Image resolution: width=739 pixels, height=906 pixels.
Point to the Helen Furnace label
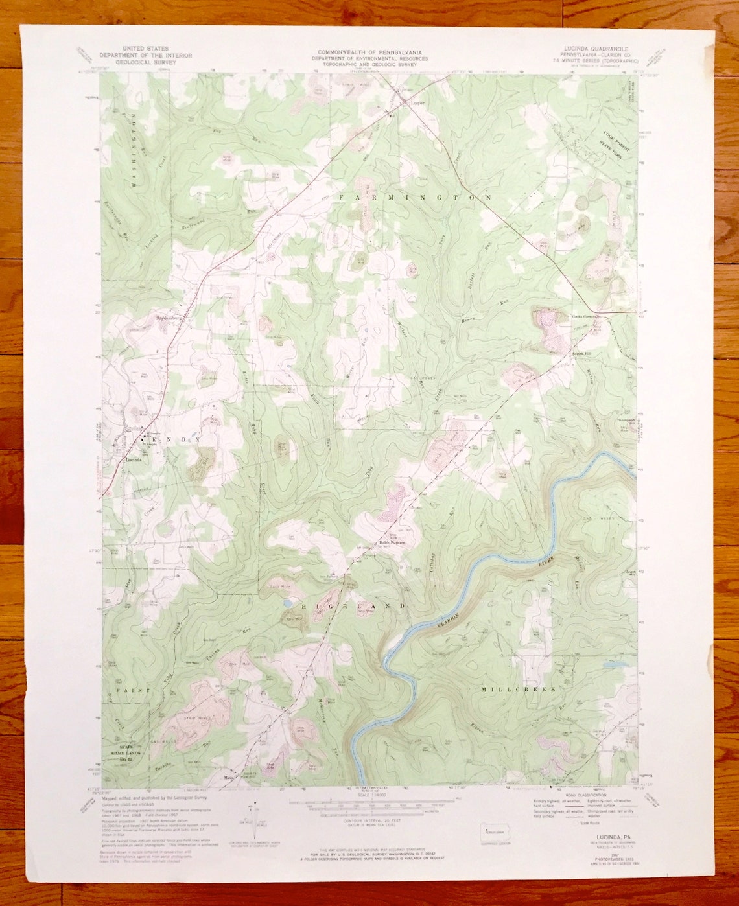coord(392,543)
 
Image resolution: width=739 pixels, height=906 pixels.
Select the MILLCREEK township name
coord(519,690)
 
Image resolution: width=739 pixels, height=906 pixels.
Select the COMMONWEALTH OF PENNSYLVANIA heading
coord(369,52)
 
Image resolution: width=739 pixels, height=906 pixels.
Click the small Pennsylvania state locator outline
coord(493,831)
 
